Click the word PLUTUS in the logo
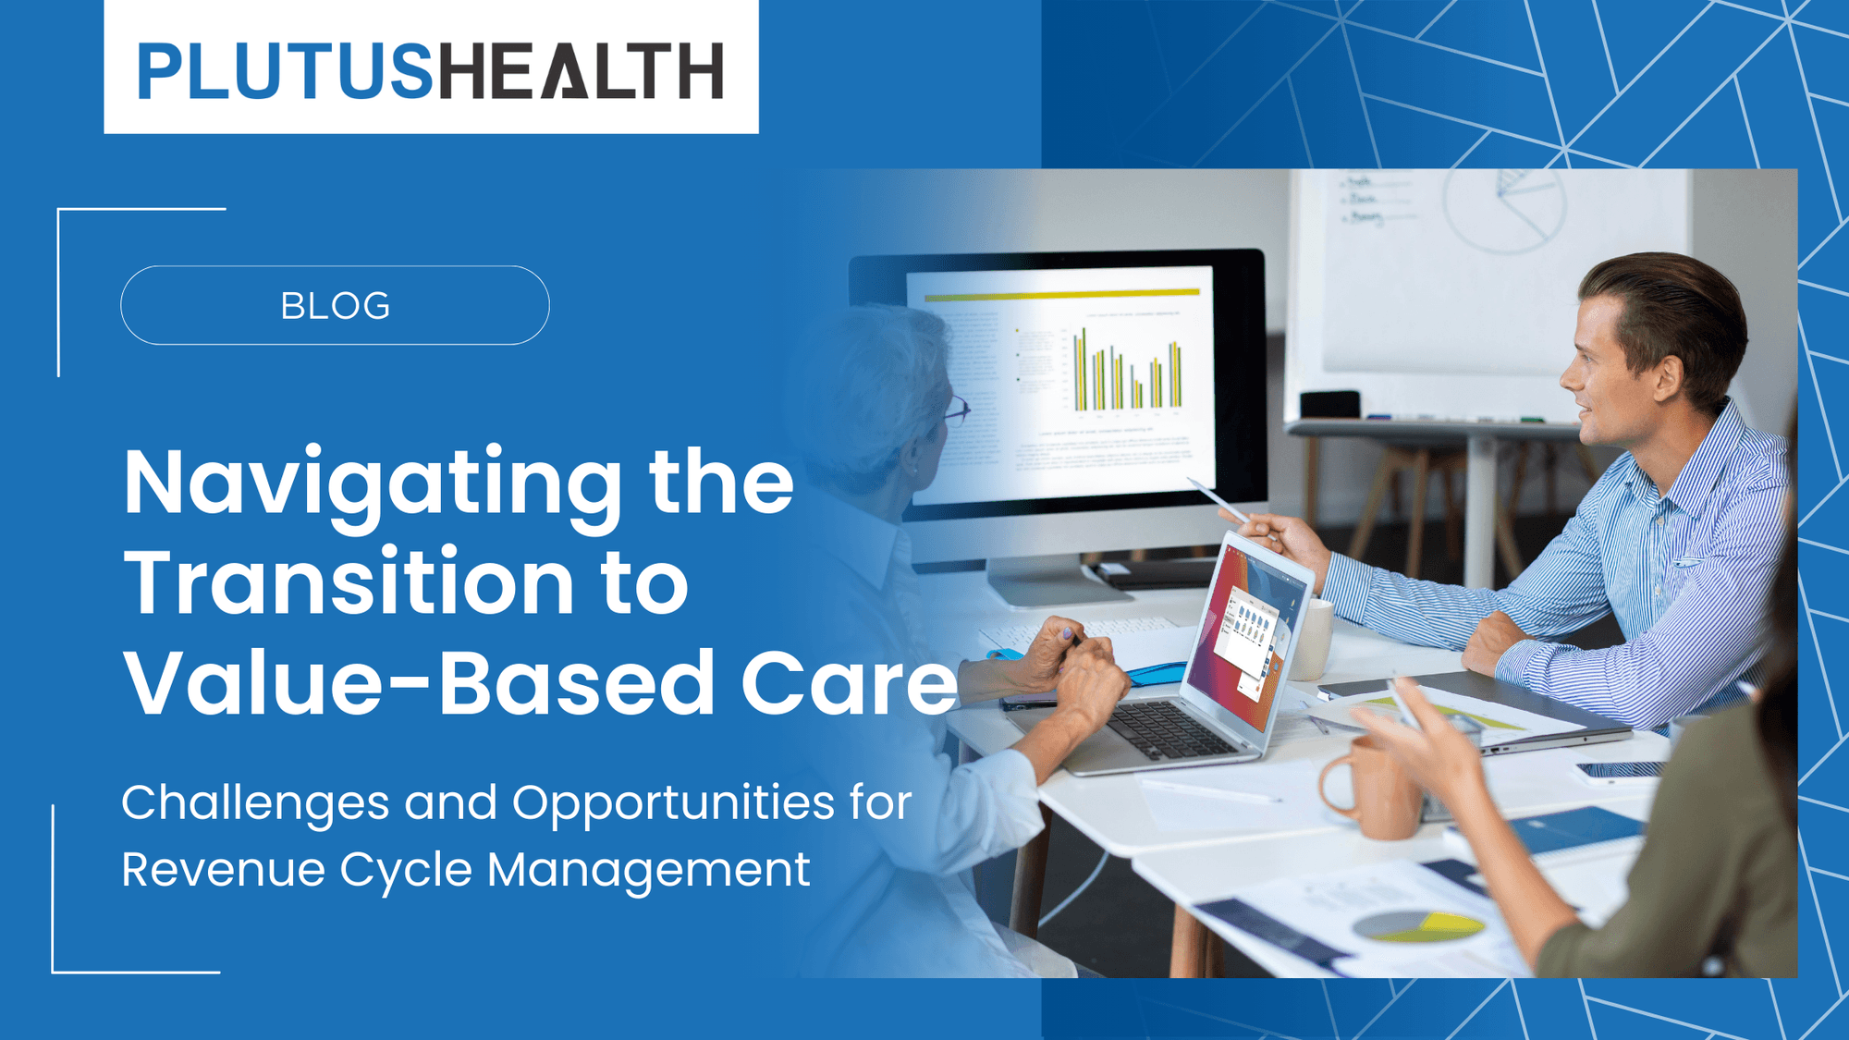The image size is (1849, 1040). click(x=285, y=71)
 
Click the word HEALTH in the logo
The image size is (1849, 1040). click(x=580, y=71)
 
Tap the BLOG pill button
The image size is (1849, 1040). click(x=335, y=306)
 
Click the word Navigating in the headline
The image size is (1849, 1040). click(x=372, y=483)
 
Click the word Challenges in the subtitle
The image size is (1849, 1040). click(x=254, y=802)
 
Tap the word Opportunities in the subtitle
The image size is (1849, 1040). click(x=673, y=802)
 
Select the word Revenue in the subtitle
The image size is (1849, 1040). click(x=223, y=870)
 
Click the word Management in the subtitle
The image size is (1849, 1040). click(x=648, y=870)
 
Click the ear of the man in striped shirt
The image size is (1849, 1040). click(x=1667, y=377)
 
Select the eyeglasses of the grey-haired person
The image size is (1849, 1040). click(x=955, y=409)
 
